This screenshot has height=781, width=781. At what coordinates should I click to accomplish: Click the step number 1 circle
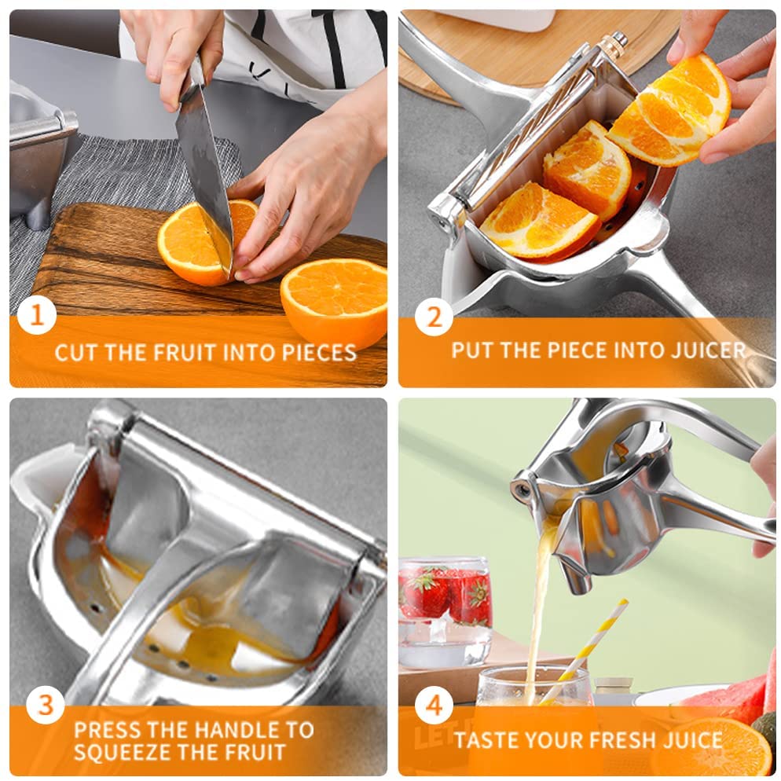pyautogui.click(x=37, y=316)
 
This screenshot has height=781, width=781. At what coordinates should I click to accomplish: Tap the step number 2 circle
pyautogui.click(x=434, y=317)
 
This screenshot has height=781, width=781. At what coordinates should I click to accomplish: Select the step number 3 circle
pyautogui.click(x=45, y=705)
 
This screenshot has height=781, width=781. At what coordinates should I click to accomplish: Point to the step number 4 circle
pyautogui.click(x=434, y=705)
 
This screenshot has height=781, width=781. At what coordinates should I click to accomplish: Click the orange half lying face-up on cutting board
pyautogui.click(x=334, y=295)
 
